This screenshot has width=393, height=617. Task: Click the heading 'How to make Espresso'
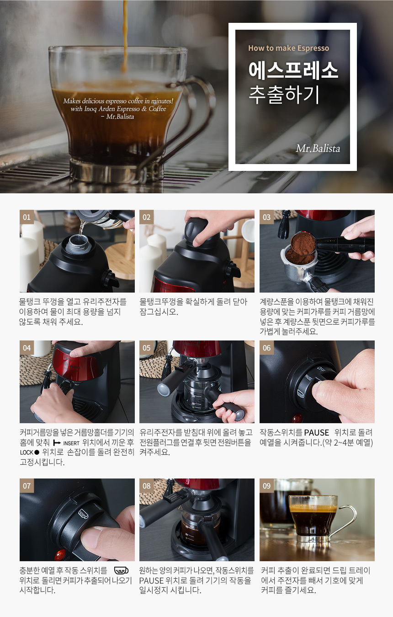click(x=289, y=48)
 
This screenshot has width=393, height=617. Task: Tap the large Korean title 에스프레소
click(x=293, y=70)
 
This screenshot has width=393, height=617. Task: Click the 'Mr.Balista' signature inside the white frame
click(x=318, y=149)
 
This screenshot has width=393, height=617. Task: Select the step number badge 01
click(x=27, y=217)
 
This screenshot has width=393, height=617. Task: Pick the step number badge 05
click(x=147, y=348)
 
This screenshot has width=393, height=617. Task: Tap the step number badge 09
click(x=266, y=486)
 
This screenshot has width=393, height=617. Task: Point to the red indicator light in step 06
click(x=297, y=419)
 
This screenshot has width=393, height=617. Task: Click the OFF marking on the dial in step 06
click(x=321, y=369)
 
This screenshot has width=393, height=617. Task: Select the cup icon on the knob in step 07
click(x=84, y=514)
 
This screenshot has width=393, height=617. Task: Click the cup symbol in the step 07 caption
click(x=121, y=570)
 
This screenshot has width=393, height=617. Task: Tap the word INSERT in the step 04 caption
click(x=71, y=443)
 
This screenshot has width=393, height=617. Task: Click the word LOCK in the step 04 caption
click(x=27, y=452)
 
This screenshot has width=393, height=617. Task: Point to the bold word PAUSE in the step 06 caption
click(x=317, y=433)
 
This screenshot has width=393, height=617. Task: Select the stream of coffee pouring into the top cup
click(x=125, y=36)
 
